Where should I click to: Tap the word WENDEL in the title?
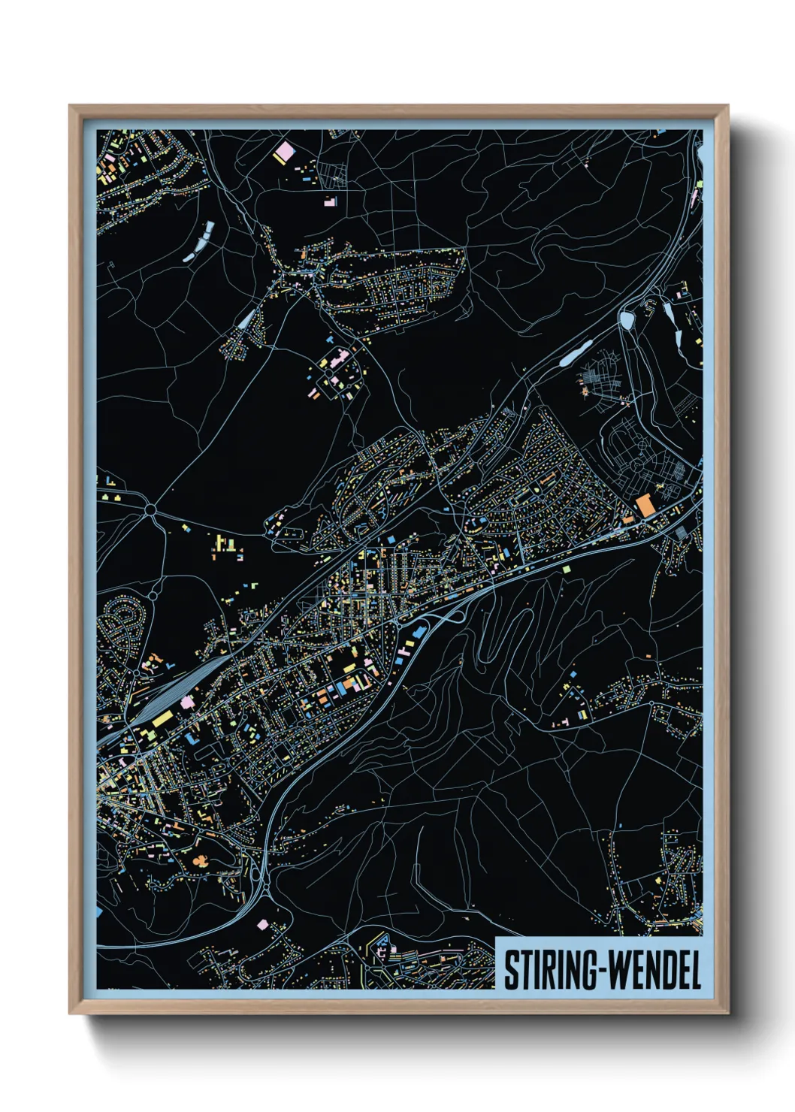click(654, 971)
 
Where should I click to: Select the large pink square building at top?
click(285, 153)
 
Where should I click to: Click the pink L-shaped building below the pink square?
click(330, 201)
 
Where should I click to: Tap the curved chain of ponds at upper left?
click(200, 241)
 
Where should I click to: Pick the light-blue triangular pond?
click(246, 319)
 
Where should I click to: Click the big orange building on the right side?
click(645, 505)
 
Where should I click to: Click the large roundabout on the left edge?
click(150, 511)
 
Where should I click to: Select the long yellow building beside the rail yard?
click(162, 719)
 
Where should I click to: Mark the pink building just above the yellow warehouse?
click(185, 701)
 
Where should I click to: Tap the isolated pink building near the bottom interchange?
click(262, 924)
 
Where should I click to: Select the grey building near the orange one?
click(681, 533)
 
